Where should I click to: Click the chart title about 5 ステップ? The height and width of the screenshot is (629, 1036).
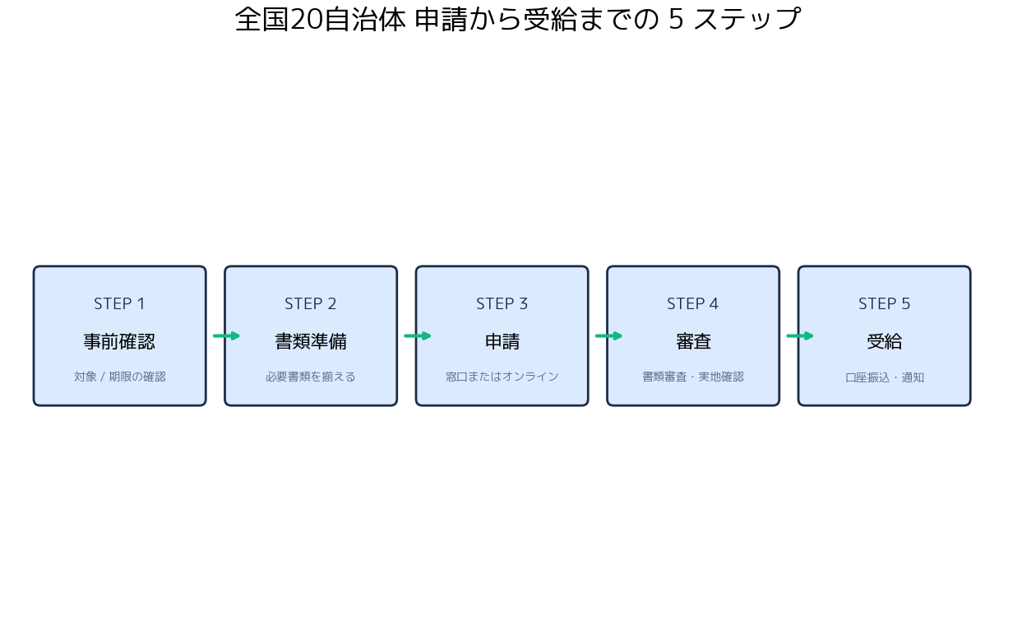click(x=517, y=20)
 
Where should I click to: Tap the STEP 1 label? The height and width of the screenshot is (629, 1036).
click(x=120, y=304)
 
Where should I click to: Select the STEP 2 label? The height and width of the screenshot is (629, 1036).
click(x=310, y=304)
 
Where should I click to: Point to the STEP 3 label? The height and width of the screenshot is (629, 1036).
click(x=502, y=304)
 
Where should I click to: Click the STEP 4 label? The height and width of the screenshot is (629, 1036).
click(x=693, y=304)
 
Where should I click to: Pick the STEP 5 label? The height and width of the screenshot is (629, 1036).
click(x=885, y=304)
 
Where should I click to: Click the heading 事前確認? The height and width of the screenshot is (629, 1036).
click(x=119, y=342)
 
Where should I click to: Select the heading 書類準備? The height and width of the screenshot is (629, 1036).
click(x=311, y=342)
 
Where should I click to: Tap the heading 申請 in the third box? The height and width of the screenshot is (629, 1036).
click(x=502, y=342)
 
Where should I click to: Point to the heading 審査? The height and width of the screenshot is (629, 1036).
click(x=693, y=342)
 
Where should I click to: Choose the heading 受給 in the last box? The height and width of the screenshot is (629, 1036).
click(x=885, y=342)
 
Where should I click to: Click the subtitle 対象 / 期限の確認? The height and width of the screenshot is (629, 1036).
click(x=120, y=377)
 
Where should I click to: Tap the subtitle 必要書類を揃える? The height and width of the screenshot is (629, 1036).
click(x=310, y=377)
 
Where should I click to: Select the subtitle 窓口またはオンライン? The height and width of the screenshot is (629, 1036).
click(x=502, y=377)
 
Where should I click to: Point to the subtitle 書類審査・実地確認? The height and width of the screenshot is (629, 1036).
click(x=693, y=377)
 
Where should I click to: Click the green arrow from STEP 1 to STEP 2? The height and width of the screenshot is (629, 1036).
click(x=226, y=335)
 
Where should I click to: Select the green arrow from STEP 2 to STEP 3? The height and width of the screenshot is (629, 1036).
click(x=417, y=335)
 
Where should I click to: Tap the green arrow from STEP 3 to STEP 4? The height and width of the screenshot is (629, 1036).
click(x=608, y=335)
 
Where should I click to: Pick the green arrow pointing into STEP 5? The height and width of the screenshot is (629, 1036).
click(x=800, y=335)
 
